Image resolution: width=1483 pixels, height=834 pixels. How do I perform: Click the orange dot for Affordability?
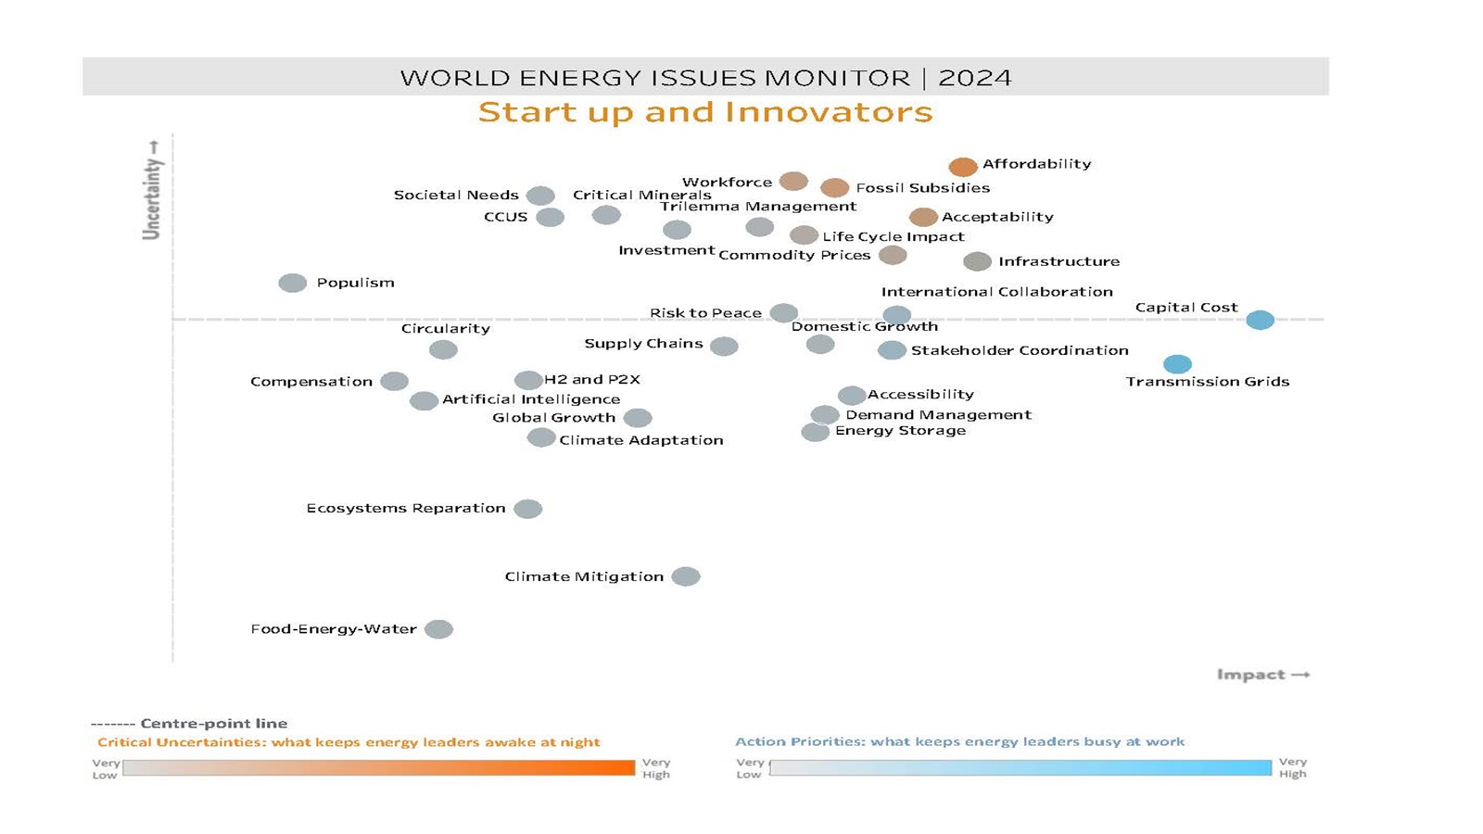point(963,167)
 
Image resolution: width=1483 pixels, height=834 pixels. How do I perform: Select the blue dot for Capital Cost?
point(1260,321)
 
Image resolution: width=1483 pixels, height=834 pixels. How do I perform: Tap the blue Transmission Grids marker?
point(1177,364)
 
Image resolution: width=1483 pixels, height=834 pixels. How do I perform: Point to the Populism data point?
point(293,284)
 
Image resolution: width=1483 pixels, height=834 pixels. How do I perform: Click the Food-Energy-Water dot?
point(438,630)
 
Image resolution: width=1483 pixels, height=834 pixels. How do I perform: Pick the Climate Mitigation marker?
point(686,577)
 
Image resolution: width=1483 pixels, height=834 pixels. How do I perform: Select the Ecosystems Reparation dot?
point(527,509)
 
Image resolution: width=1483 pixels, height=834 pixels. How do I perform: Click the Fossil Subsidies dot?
point(834,188)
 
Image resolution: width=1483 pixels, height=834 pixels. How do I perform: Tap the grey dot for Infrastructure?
point(977,262)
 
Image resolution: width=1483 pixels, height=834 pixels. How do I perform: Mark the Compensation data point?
point(394,382)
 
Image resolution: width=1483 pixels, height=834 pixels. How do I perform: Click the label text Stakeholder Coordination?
point(1020,350)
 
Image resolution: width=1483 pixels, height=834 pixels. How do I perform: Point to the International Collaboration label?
point(996,292)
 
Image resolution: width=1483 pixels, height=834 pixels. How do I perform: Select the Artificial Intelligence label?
point(531,399)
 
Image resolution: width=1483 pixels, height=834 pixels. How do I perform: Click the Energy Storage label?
point(900,431)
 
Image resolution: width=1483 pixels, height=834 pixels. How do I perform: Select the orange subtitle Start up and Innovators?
point(705,112)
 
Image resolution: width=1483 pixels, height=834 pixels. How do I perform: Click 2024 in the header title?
point(974,78)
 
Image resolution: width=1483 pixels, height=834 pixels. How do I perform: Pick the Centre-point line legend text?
point(213,724)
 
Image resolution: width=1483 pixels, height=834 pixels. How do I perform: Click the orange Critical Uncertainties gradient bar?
point(378,768)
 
